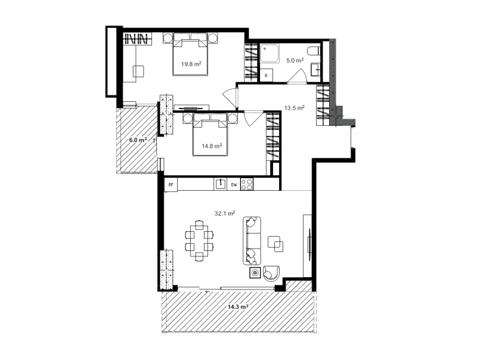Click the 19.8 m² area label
191,64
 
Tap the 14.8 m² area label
212,146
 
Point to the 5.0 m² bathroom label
295,61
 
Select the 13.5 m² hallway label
295,108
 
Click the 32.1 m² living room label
225,213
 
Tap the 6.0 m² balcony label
138,140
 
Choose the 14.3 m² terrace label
238,307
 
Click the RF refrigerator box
171,185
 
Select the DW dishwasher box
234,185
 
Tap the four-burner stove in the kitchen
247,184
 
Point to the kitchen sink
220,184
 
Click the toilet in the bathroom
314,51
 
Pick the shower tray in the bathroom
270,54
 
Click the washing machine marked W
266,75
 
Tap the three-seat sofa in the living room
252,241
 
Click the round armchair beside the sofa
271,273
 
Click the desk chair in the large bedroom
139,72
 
